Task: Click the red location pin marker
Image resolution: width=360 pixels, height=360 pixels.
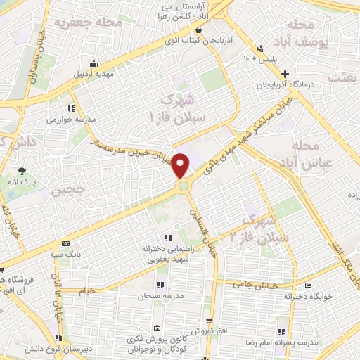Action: click(x=182, y=165)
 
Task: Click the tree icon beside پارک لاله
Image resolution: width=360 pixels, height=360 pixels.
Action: click(x=22, y=170)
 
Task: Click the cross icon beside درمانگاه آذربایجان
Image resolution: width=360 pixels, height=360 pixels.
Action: click(x=284, y=74)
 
